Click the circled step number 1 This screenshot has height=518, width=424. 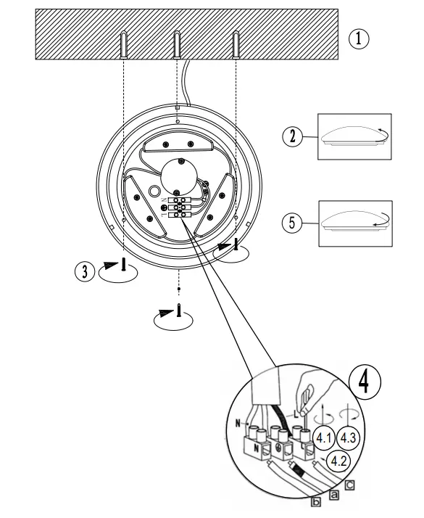[x=358, y=38]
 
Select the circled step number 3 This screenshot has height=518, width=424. [x=85, y=271]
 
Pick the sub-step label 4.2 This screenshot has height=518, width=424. [x=336, y=460]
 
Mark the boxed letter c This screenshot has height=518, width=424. [x=350, y=485]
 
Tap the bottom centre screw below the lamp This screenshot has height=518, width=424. [x=178, y=311]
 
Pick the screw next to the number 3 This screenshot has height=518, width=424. [x=124, y=265]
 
